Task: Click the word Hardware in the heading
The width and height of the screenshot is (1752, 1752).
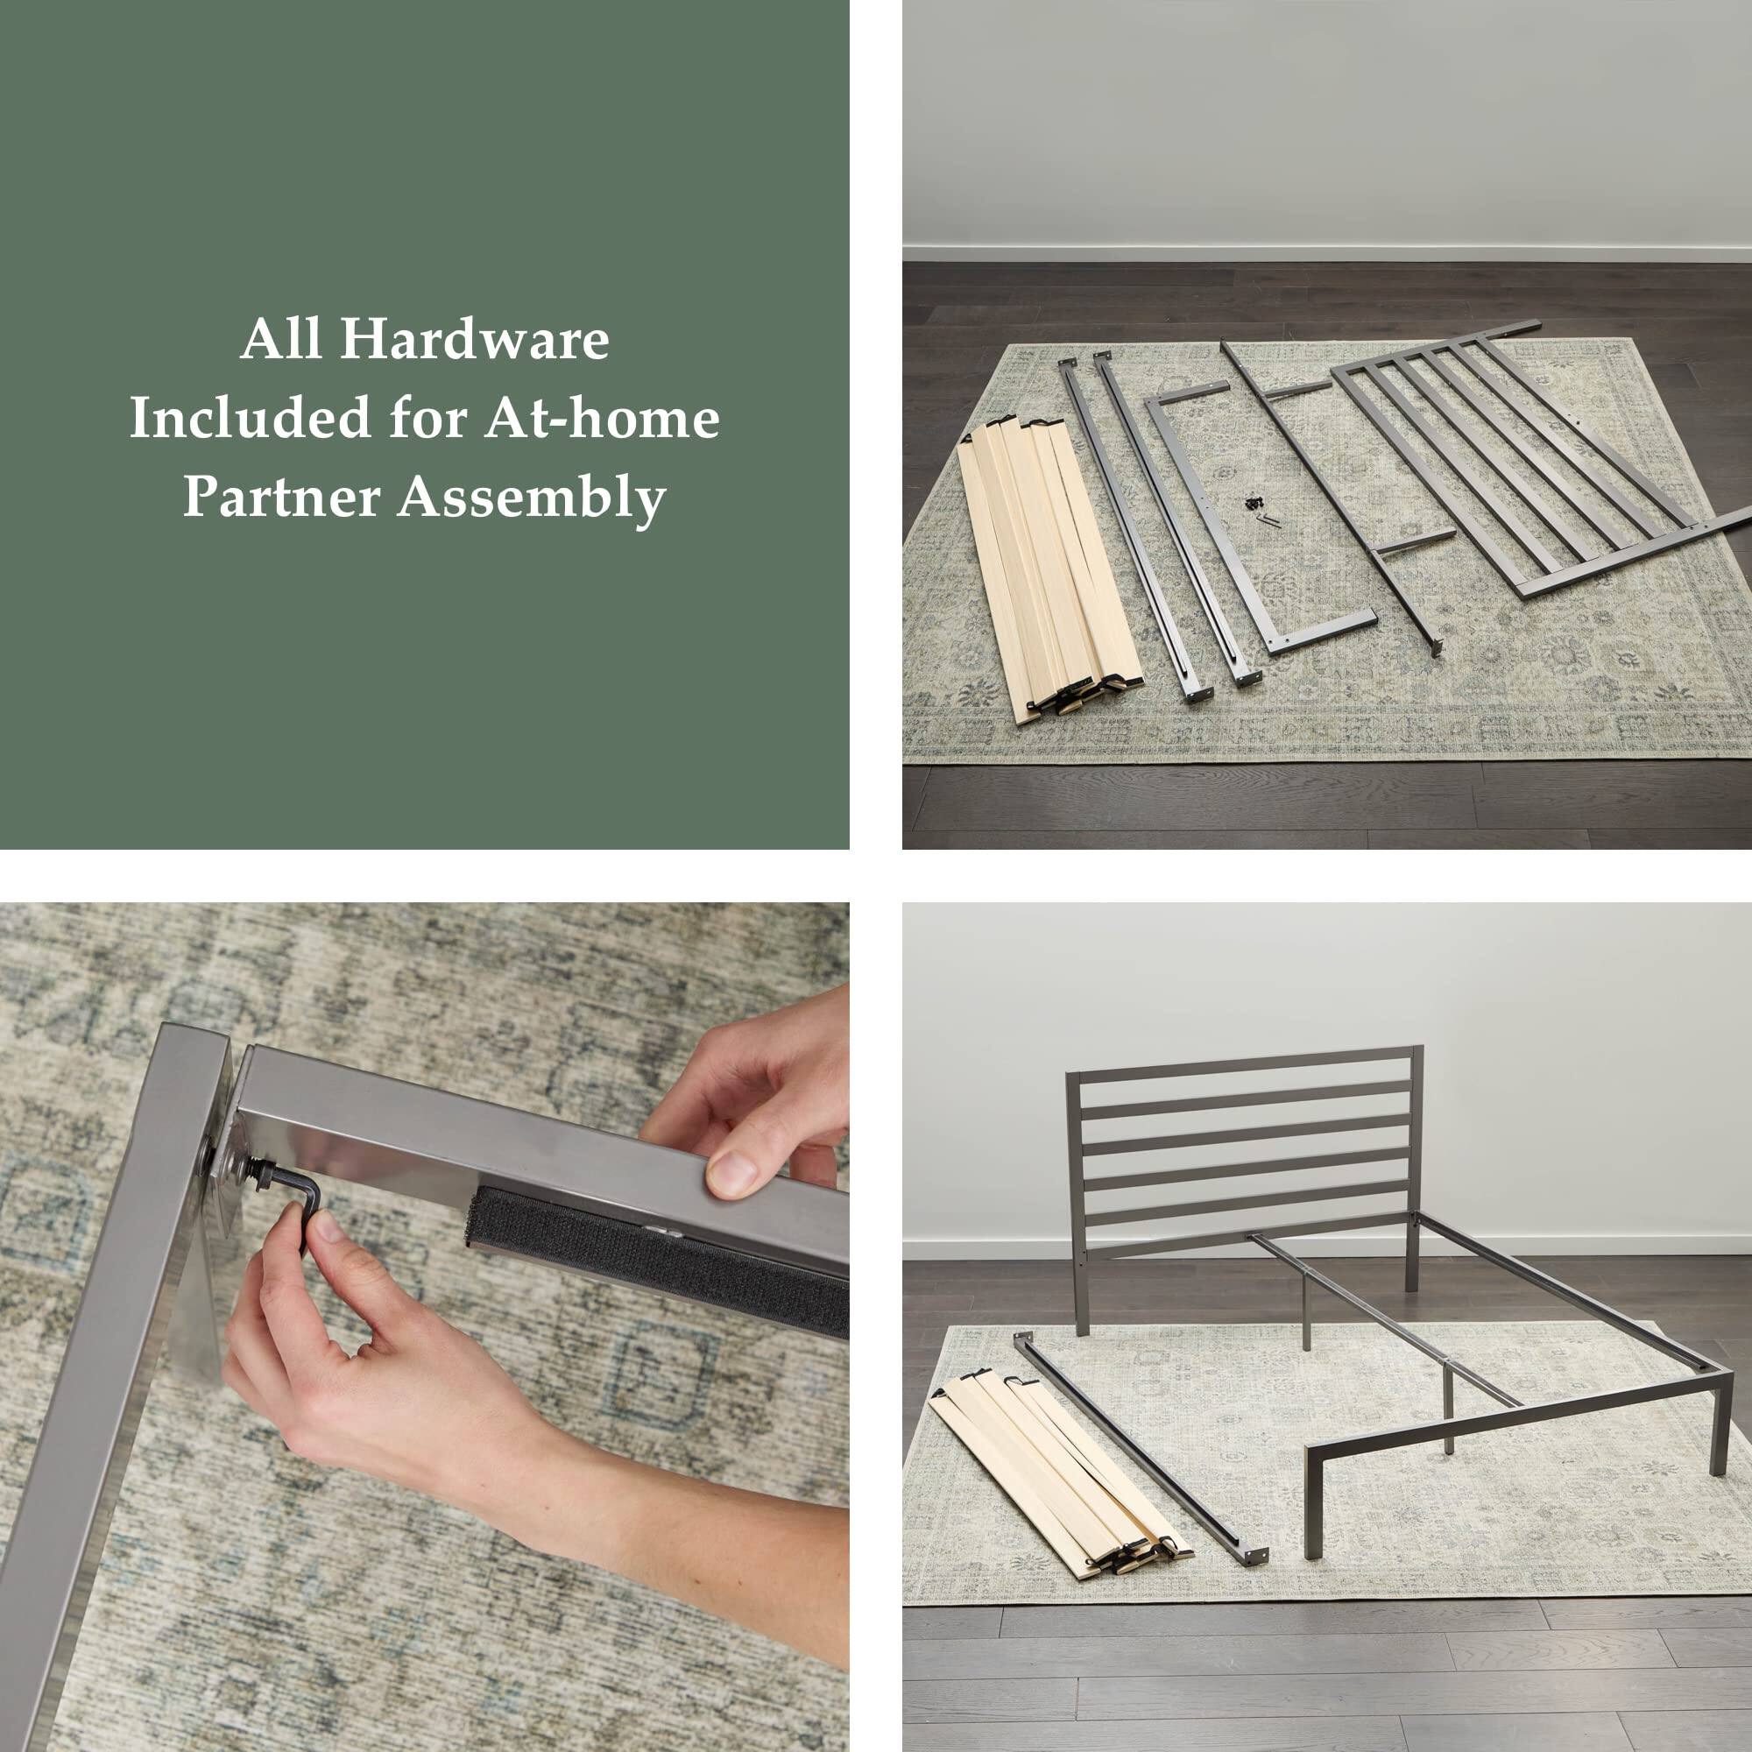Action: (x=474, y=340)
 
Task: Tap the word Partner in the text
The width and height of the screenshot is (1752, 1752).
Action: (x=281, y=498)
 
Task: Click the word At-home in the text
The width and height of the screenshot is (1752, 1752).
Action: (x=602, y=419)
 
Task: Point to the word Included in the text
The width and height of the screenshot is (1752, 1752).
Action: (x=251, y=419)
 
